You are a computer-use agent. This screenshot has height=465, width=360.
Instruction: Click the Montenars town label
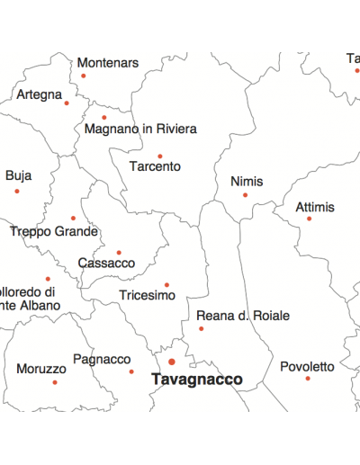108,63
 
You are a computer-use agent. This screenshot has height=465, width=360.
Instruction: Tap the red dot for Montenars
84,76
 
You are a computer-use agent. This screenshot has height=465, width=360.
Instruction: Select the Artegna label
40,94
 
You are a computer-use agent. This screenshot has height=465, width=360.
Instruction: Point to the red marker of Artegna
67,103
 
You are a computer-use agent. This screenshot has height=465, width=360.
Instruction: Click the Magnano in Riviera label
140,129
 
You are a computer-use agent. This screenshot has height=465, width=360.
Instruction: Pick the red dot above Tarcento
160,156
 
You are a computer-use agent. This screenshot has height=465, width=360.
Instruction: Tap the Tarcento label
155,166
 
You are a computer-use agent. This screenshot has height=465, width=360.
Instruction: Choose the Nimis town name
247,182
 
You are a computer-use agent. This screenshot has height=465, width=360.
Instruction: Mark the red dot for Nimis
245,194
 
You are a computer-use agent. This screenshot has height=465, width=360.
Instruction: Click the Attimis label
315,208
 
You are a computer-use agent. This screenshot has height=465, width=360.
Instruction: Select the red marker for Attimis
309,219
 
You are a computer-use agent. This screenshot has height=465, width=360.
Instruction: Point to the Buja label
18,176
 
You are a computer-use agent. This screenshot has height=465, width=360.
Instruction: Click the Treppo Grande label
54,231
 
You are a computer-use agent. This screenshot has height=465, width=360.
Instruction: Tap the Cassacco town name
106,264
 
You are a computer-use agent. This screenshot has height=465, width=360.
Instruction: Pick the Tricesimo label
147,295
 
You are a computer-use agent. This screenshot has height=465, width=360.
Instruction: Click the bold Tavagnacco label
197,380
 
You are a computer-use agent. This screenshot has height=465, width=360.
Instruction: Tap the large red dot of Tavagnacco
172,362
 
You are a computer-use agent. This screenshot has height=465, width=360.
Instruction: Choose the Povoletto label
307,367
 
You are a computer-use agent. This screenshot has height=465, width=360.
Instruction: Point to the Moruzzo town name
41,369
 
